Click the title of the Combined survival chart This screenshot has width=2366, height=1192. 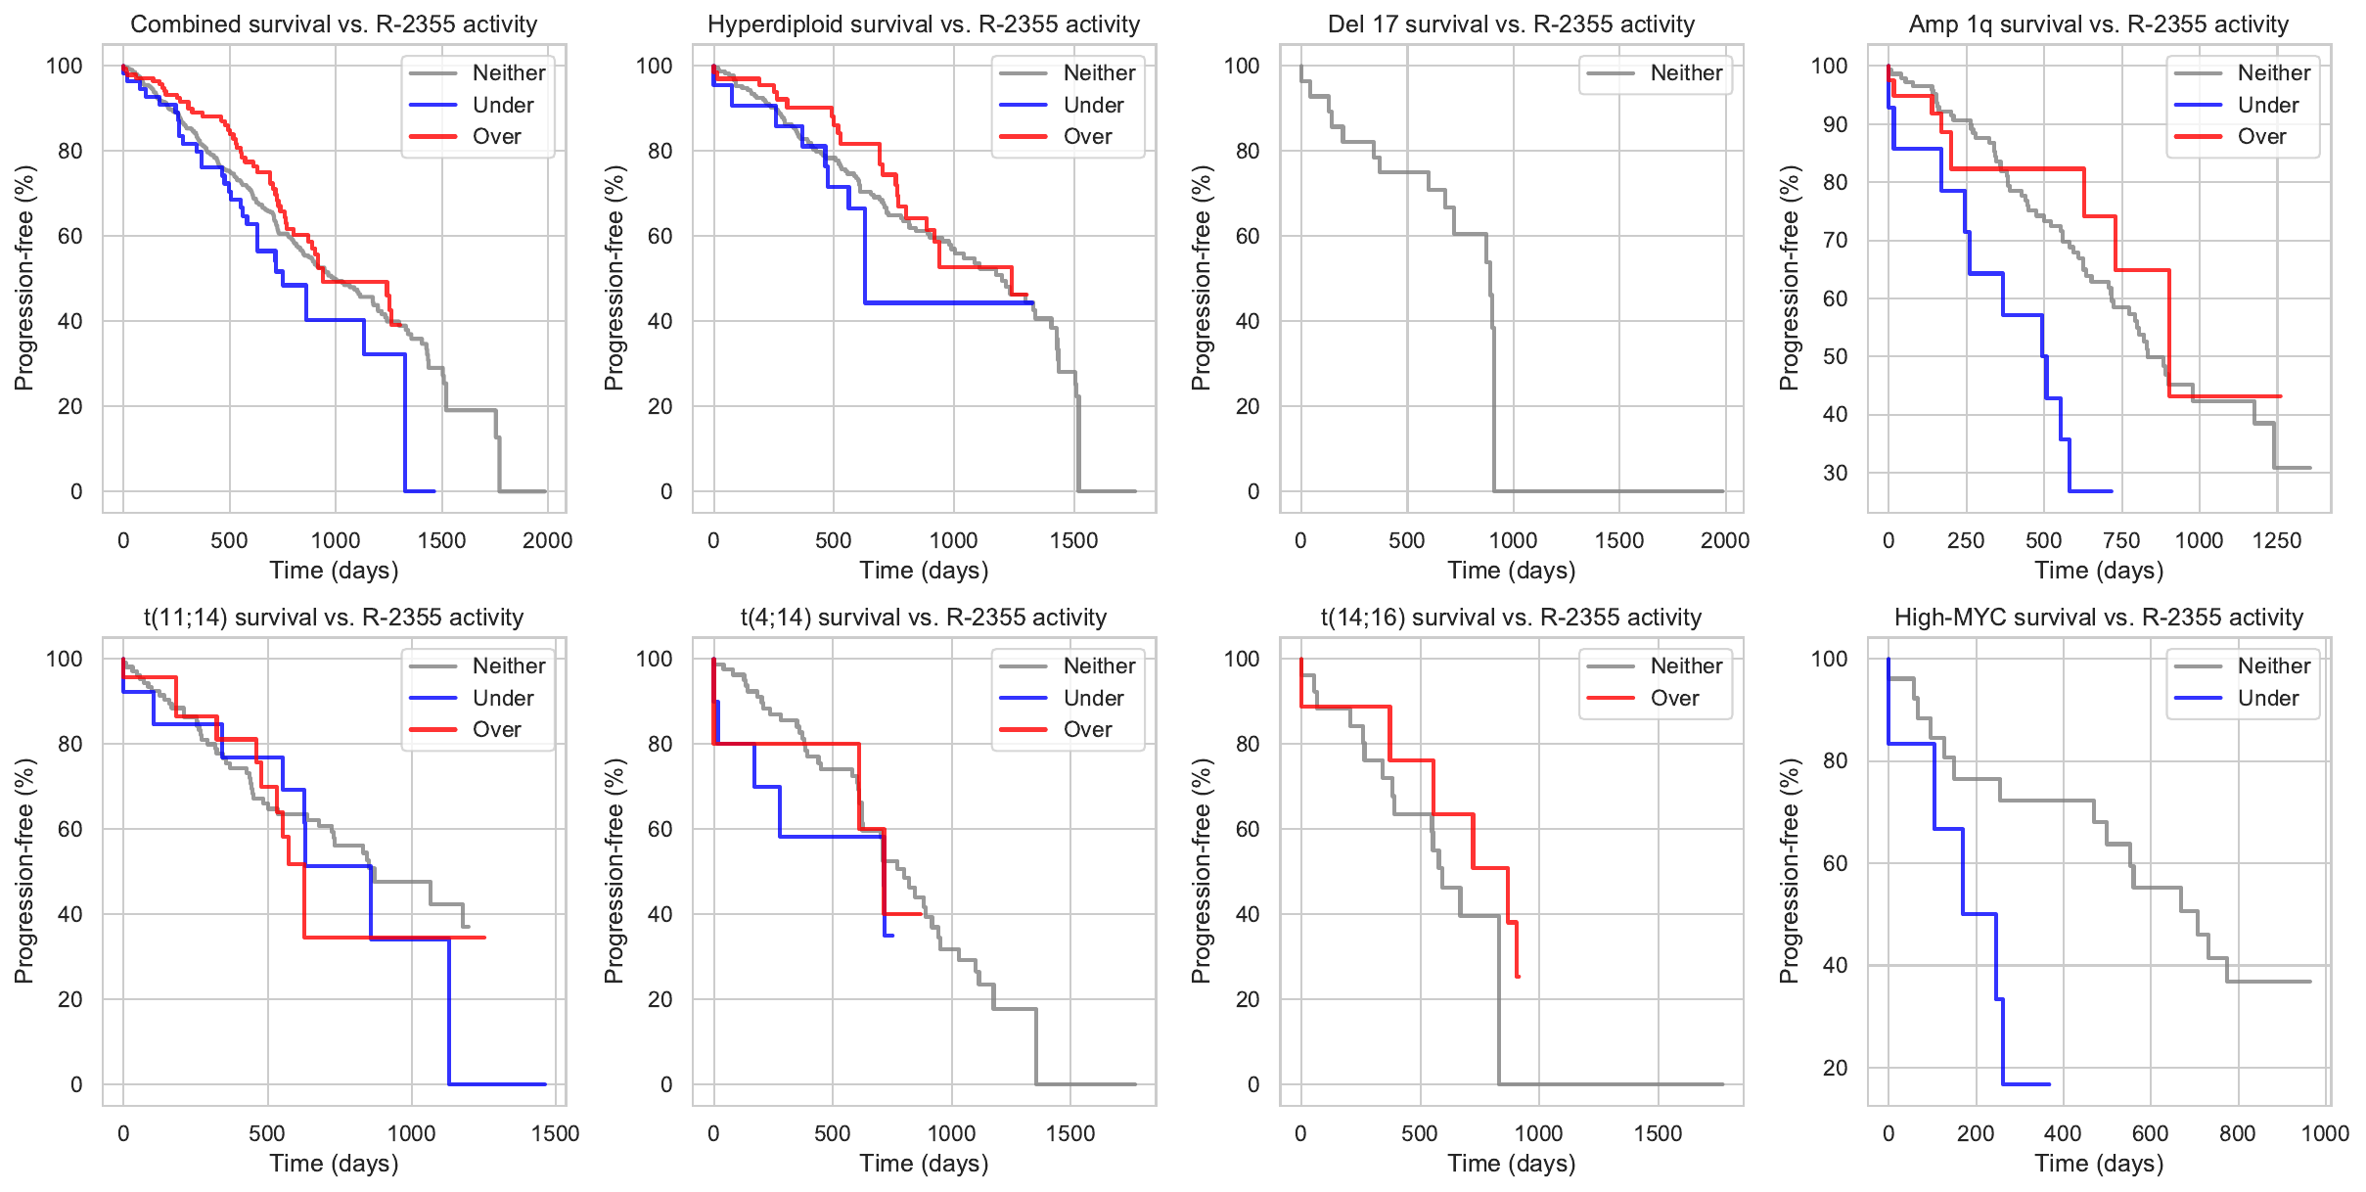334,24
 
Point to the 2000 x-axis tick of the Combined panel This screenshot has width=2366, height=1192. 547,540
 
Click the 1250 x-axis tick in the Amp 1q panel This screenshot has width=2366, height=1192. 2277,540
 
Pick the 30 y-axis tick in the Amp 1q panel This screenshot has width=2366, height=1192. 1835,474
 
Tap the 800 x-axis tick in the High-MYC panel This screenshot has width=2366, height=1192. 2238,1133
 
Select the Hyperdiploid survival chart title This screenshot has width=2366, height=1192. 924,24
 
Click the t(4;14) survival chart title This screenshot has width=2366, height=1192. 924,618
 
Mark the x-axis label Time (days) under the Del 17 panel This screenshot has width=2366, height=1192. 1512,571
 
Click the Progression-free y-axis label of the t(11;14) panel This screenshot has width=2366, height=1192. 24,871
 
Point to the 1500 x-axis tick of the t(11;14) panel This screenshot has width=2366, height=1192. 555,1133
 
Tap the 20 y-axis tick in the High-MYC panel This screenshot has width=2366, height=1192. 1835,1068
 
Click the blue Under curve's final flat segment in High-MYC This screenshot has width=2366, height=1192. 2026,1084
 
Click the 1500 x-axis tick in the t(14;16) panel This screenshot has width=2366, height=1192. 1658,1133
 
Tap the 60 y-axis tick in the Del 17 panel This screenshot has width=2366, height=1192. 1247,236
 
